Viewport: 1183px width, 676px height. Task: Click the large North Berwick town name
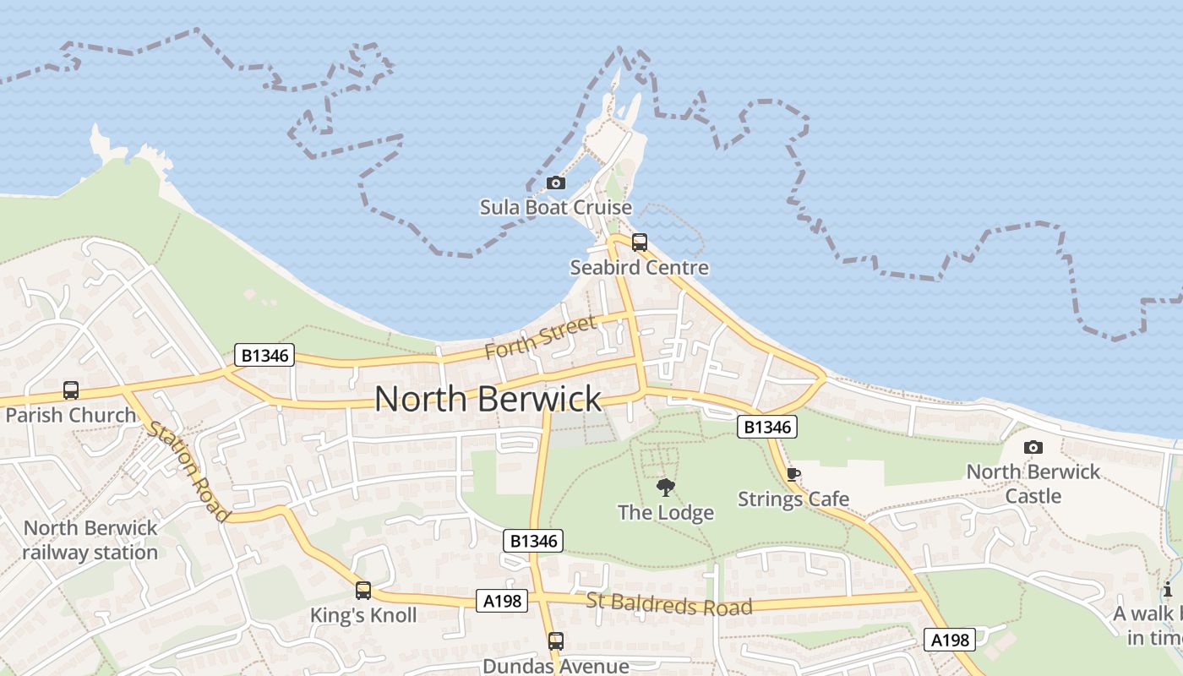tap(488, 398)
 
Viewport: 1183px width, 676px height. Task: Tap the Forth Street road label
tap(542, 335)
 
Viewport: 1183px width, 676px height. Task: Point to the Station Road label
tap(188, 471)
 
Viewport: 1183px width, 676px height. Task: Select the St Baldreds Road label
tap(668, 605)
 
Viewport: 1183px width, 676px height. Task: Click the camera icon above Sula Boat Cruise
tap(555, 183)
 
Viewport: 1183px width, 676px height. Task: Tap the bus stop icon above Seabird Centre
tap(640, 243)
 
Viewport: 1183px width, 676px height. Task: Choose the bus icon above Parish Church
tap(71, 390)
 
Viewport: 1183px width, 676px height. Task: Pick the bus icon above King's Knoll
tap(363, 591)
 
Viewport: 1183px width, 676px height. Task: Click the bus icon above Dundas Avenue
tap(555, 641)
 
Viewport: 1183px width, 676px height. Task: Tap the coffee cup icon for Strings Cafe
tap(793, 474)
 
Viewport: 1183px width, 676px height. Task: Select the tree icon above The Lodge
tap(666, 488)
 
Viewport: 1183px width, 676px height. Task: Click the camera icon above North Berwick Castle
tap(1033, 447)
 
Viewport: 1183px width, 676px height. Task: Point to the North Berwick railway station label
tap(90, 540)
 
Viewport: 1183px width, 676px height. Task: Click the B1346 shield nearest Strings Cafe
tap(767, 428)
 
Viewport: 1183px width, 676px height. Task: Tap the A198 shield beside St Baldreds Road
tap(501, 601)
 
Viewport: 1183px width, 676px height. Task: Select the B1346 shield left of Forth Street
tap(264, 356)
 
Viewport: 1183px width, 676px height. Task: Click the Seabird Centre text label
tap(639, 268)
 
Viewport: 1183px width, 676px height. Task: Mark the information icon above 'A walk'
tap(1168, 590)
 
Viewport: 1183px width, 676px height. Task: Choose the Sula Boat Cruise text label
tap(556, 207)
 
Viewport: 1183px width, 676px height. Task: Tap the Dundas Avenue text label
tap(555, 666)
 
